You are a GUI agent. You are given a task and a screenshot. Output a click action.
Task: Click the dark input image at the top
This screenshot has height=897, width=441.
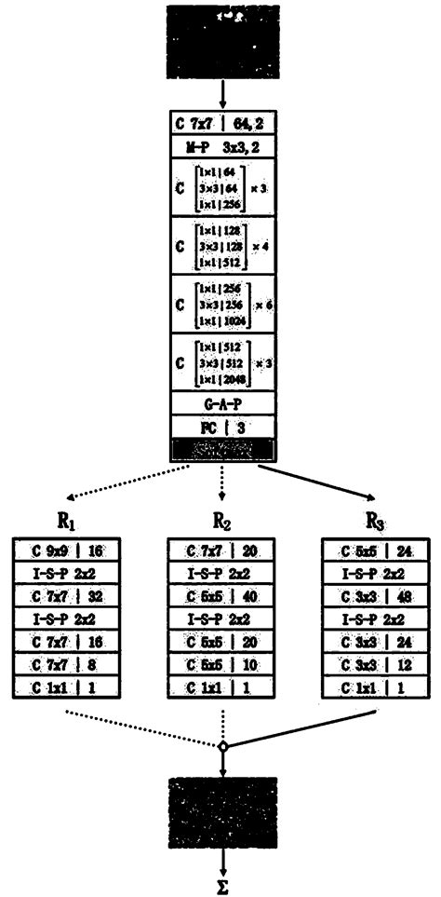[x=222, y=41]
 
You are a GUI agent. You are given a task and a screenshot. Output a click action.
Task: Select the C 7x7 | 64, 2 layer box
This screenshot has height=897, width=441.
[x=222, y=123]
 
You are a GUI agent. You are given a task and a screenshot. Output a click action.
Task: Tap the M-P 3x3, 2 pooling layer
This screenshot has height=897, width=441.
[x=222, y=146]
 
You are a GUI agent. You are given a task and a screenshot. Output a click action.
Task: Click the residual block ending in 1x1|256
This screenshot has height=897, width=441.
[x=222, y=186]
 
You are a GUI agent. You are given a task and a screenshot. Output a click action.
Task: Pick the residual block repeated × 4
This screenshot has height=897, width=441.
[x=222, y=245]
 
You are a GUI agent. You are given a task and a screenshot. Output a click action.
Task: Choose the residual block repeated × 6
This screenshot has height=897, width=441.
[x=222, y=304]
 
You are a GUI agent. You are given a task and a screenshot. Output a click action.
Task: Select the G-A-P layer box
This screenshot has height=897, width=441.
[x=222, y=403]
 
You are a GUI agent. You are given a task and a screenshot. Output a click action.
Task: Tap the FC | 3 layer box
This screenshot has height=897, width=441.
[x=222, y=427]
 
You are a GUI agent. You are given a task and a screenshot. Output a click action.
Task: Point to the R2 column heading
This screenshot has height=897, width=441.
[x=223, y=519]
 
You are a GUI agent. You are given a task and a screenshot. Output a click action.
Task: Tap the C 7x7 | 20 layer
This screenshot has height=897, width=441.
[x=222, y=550]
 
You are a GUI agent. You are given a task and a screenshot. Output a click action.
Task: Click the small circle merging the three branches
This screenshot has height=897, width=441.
[x=222, y=745]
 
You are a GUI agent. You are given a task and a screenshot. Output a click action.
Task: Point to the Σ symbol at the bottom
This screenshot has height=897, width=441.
[x=222, y=886]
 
